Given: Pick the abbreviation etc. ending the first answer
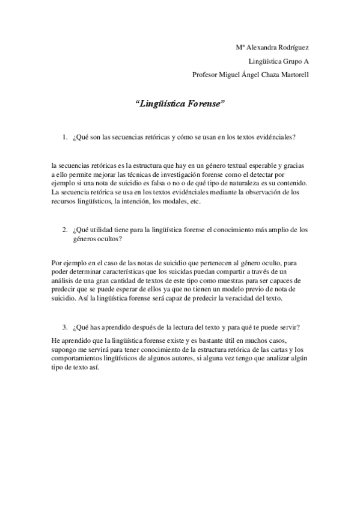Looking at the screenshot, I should click(x=194, y=201).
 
